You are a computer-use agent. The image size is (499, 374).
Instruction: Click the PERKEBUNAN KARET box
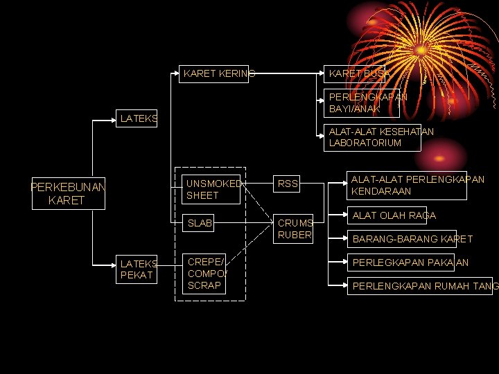(68, 194)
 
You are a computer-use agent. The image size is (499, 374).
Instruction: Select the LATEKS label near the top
(139, 119)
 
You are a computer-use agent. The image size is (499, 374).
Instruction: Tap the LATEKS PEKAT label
(139, 269)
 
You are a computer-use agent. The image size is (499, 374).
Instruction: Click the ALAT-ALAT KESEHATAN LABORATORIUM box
(373, 137)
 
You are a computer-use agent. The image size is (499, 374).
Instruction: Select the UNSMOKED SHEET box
(211, 190)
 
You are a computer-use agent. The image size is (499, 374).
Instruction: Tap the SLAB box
(200, 223)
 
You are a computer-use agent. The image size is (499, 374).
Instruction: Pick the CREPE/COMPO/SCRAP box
(204, 274)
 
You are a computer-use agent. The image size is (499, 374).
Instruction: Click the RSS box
(288, 184)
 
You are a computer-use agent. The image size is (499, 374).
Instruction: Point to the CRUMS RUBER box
(295, 229)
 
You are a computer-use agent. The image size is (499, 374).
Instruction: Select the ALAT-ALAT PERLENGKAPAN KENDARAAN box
(416, 185)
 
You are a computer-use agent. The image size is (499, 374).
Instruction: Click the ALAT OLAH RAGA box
(394, 215)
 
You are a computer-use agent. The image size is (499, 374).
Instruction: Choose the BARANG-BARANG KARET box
(412, 239)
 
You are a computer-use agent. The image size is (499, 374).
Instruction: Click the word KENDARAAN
(381, 191)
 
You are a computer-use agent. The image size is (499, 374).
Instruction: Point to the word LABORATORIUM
(365, 143)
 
